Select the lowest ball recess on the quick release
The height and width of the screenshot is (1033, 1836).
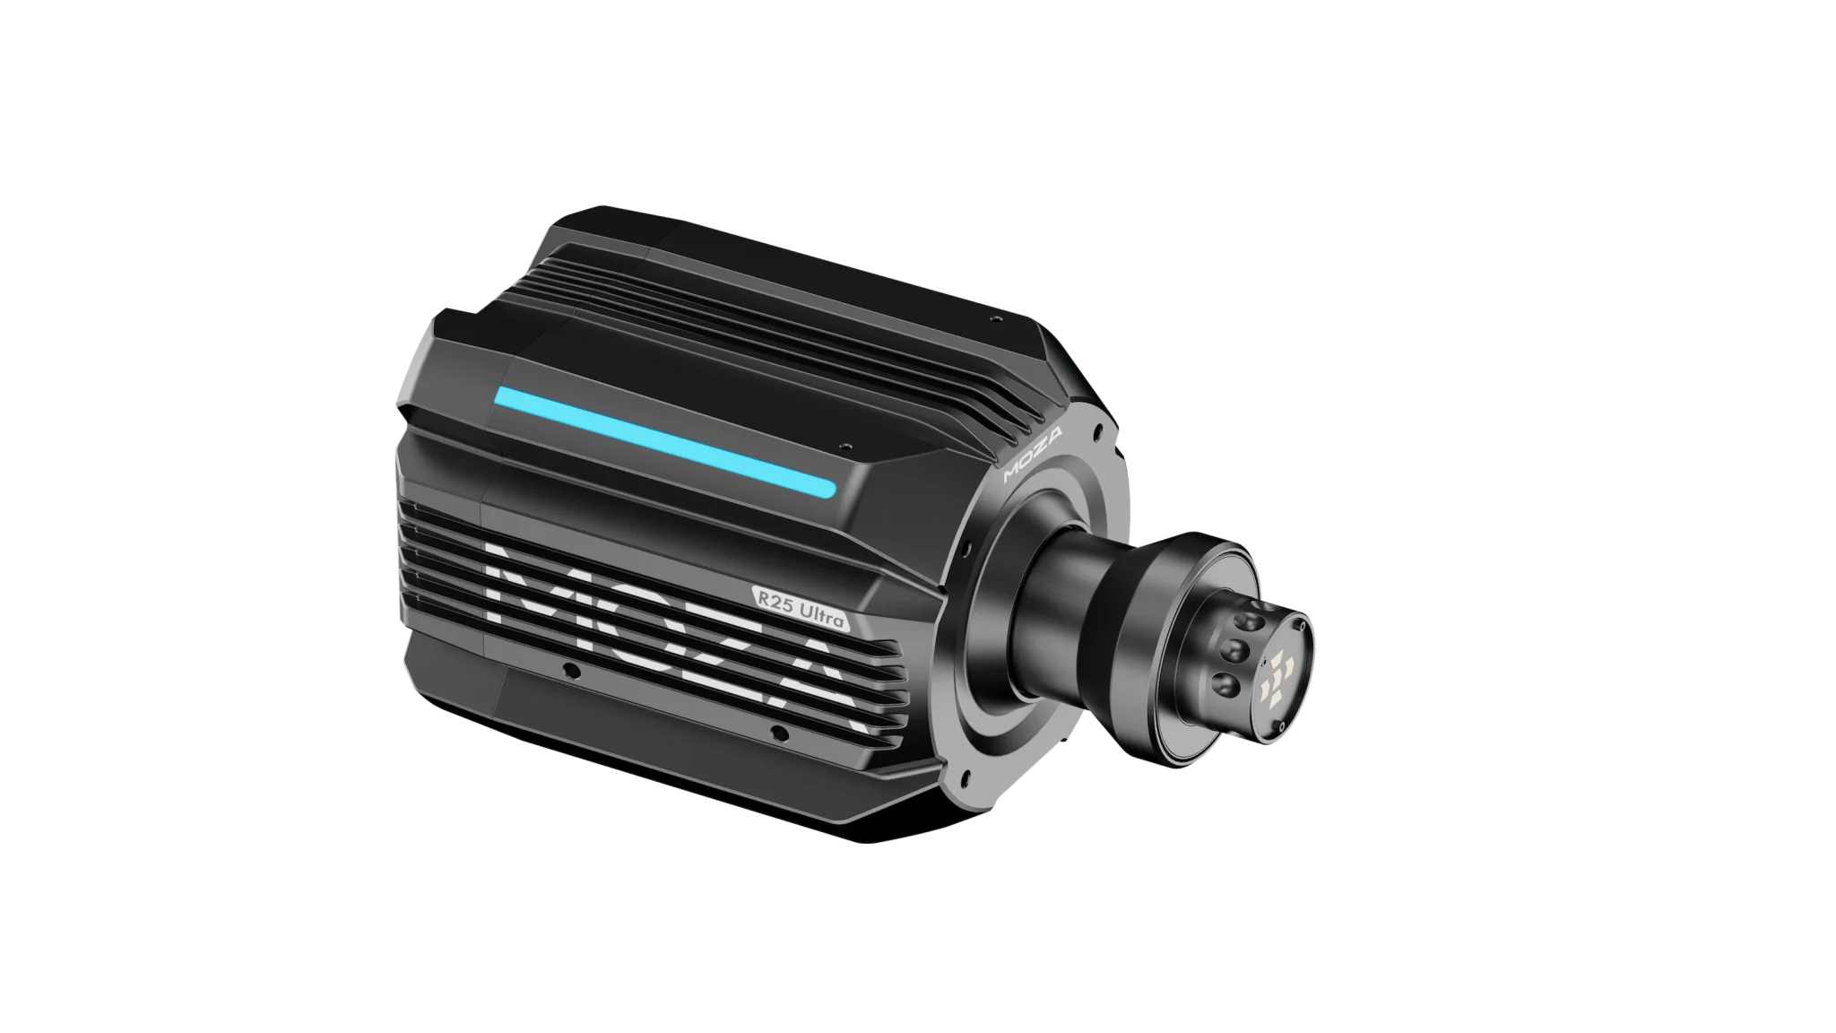tap(1225, 686)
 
